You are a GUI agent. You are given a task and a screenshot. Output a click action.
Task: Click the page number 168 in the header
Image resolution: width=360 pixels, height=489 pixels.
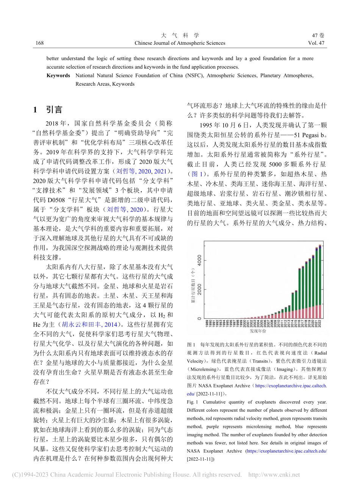pyautogui.click(x=39, y=43)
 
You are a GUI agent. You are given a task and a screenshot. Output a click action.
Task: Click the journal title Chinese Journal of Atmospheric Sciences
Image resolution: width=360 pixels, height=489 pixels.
pyautogui.click(x=180, y=43)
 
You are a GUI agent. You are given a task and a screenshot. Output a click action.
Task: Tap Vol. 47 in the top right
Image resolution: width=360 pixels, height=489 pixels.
pyautogui.click(x=316, y=43)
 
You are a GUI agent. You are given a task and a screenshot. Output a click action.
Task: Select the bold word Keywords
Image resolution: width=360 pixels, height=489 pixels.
pyautogui.click(x=58, y=75)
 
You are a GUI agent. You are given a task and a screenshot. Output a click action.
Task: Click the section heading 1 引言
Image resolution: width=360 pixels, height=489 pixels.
pyautogui.click(x=48, y=110)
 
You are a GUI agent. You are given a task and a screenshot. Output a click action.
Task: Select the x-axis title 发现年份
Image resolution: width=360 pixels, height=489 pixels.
pyautogui.click(x=258, y=331)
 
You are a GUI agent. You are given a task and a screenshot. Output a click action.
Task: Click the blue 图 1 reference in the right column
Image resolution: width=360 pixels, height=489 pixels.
pyautogui.click(x=197, y=174)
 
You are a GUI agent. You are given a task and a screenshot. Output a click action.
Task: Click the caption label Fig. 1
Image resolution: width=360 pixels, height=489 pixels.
pyautogui.click(x=192, y=402)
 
